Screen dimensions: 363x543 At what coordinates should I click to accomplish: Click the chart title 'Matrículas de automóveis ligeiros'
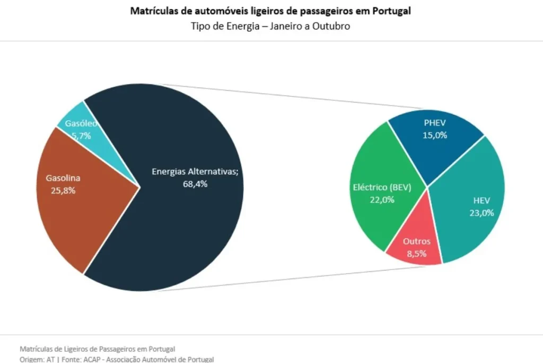pyautogui.click(x=270, y=11)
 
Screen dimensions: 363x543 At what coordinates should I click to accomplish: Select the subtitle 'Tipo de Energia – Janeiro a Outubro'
pyautogui.click(x=270, y=26)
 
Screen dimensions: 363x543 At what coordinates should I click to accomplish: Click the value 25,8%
pyautogui.click(x=63, y=190)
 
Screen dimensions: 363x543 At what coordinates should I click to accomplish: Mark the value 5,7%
pyautogui.click(x=81, y=136)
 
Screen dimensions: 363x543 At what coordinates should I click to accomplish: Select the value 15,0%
pyautogui.click(x=435, y=135)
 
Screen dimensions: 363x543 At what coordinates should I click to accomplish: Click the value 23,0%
pyautogui.click(x=481, y=213)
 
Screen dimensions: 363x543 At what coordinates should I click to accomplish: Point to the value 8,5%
pyautogui.click(x=416, y=254)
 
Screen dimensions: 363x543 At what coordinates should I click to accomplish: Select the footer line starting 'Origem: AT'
pyautogui.click(x=117, y=359)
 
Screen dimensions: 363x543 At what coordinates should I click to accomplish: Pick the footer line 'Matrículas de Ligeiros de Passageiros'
pyautogui.click(x=97, y=349)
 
